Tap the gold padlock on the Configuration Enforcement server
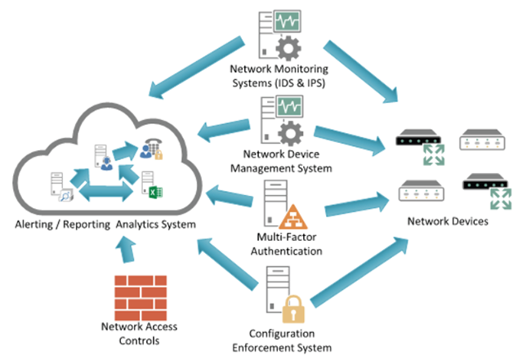[292, 311]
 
